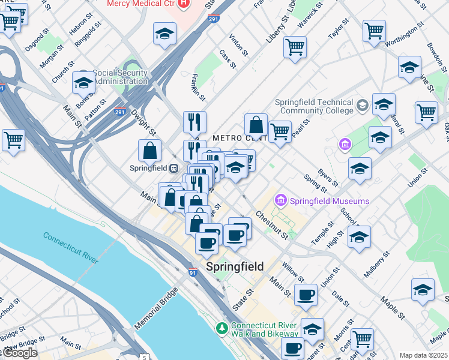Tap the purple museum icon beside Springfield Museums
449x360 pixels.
point(280,199)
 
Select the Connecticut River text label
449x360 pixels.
point(70,247)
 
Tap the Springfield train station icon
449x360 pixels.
point(173,169)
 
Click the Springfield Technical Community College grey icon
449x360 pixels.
point(362,106)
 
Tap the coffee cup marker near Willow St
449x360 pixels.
point(306,296)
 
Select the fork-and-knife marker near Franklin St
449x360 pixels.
point(194,122)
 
